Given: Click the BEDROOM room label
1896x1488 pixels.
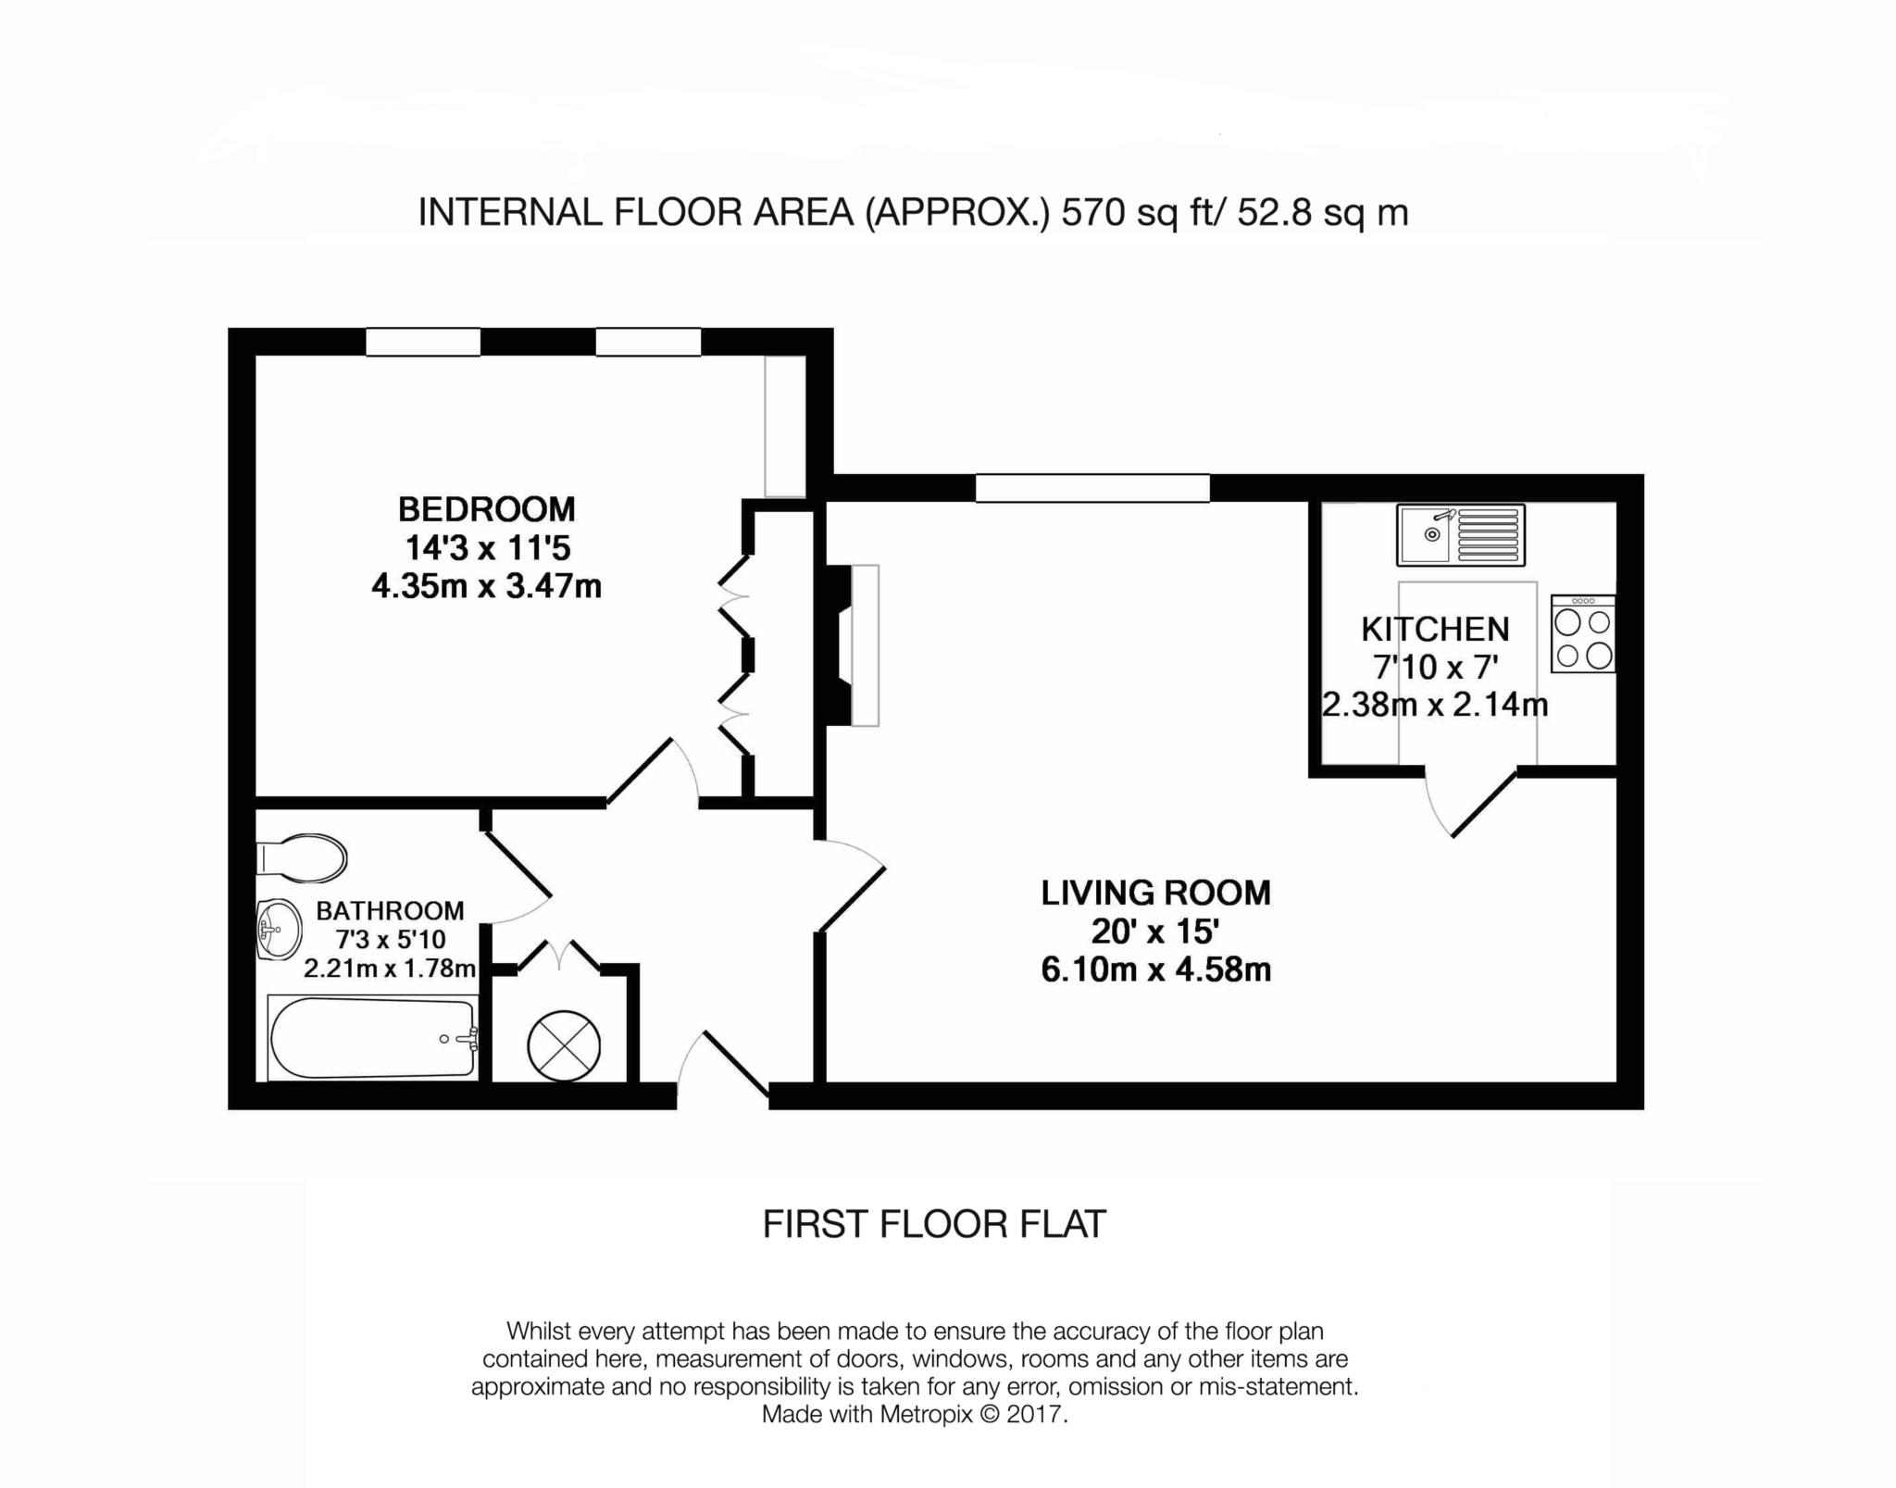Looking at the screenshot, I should [x=486, y=509].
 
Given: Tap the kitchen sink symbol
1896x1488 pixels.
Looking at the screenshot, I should [x=1460, y=534].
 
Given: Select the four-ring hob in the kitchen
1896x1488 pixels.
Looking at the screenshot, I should [x=1583, y=634].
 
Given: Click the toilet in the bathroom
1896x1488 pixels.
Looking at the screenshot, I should [x=301, y=857].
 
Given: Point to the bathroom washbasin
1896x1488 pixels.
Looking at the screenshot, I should [x=279, y=930].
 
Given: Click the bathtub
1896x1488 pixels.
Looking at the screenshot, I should [x=373, y=1038].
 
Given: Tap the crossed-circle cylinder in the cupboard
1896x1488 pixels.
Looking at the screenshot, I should [x=563, y=1047].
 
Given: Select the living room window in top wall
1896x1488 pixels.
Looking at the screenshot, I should [x=1092, y=488].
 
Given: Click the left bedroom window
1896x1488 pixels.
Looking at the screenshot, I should [x=423, y=342].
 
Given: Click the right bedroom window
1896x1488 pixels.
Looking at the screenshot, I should [x=648, y=342].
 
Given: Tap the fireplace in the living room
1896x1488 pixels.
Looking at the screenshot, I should [x=852, y=645].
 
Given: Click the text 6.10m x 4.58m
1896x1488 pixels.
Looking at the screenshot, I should [x=1155, y=970].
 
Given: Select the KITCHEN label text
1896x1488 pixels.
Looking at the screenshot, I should [x=1435, y=630].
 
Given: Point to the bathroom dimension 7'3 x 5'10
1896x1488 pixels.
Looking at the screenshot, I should [x=391, y=940].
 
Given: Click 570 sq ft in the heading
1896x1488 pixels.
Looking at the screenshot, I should [x=1118, y=213].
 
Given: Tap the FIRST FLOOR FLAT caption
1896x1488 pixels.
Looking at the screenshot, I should [x=934, y=1224].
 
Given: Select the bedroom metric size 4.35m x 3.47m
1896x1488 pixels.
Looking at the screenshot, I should [x=486, y=586].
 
